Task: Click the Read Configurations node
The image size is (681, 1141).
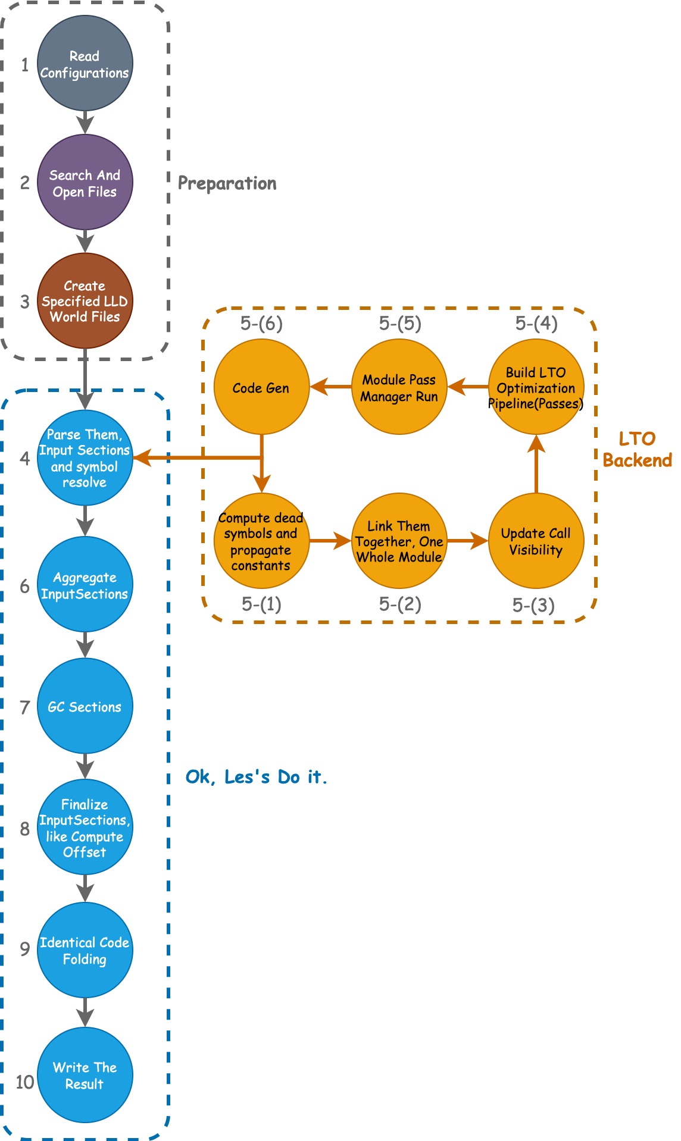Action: click(85, 64)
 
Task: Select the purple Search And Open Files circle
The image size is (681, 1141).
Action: click(85, 183)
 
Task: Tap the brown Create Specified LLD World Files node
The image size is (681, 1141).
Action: click(85, 301)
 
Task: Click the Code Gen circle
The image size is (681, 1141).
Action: click(261, 387)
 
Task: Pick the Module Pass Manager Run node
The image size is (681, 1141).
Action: click(399, 387)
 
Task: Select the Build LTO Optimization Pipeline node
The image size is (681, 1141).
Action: click(536, 387)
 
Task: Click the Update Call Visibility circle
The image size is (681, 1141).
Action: click(536, 541)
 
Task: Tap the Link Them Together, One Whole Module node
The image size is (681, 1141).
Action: click(399, 541)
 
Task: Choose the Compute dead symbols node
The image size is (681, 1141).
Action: click(261, 541)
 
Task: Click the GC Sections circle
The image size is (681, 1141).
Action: click(85, 706)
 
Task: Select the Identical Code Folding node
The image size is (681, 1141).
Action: click(85, 950)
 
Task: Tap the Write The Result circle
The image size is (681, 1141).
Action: click(85, 1075)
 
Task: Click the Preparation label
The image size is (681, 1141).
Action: click(227, 183)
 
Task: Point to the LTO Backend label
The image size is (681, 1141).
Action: click(637, 449)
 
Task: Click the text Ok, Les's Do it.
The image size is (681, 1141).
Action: click(256, 777)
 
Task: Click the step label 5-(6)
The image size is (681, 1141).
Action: click(261, 323)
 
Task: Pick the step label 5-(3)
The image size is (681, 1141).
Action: click(533, 605)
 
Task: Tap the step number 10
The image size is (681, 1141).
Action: click(24, 1082)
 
